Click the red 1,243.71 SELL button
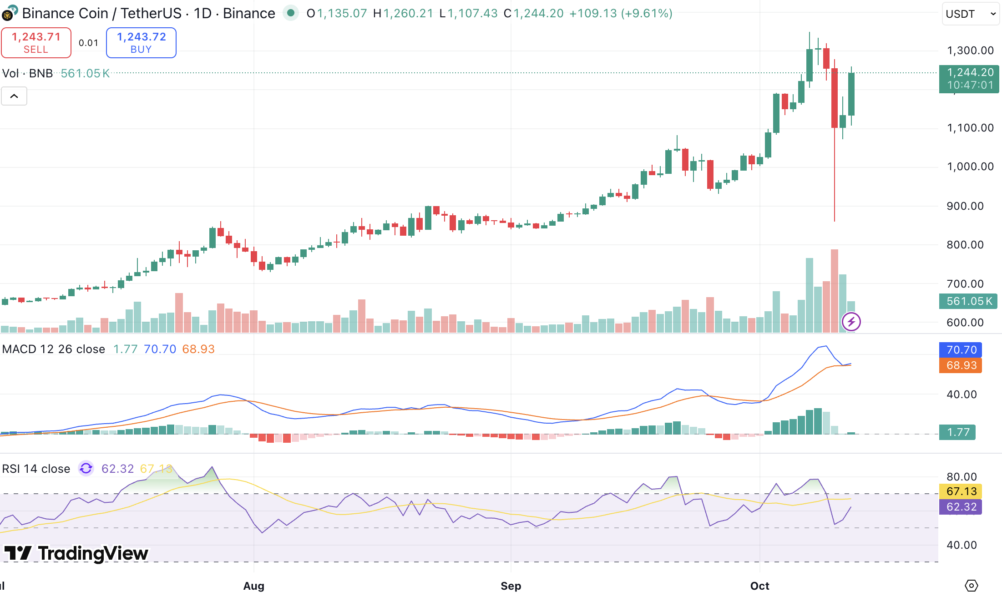tap(36, 43)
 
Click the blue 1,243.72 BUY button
tap(141, 43)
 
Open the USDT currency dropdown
tap(971, 14)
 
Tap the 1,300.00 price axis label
tap(970, 51)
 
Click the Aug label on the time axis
tap(253, 586)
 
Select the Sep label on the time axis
tap(511, 586)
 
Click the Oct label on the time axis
tap(759, 586)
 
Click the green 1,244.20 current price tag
tap(969, 79)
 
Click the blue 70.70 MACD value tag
tap(961, 350)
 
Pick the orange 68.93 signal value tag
tap(961, 365)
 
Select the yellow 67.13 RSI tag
tap(961, 491)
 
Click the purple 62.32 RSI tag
tap(961, 507)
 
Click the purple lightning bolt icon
tap(851, 322)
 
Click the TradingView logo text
tap(93, 553)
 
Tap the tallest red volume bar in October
tap(834, 291)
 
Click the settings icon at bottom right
tap(971, 586)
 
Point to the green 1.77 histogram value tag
tap(957, 432)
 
